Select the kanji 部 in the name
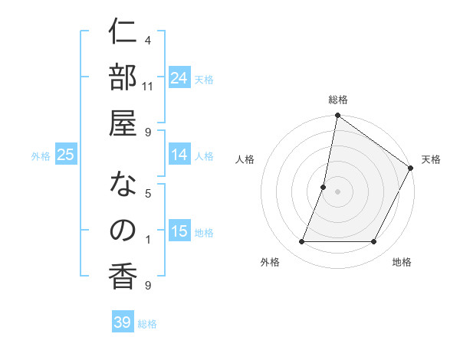[x=123, y=80]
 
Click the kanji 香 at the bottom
[x=123, y=278]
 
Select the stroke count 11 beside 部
[x=148, y=86]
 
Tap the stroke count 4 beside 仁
[x=148, y=40]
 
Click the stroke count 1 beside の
[x=148, y=240]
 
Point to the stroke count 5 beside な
[x=148, y=193]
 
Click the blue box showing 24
[x=179, y=78]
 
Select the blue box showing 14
[x=179, y=155]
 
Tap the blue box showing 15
[x=179, y=231]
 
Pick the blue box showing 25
[x=65, y=155]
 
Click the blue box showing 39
[x=123, y=322]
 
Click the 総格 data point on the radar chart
[x=337, y=116]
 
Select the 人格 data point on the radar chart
[x=324, y=187]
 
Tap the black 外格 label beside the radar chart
[x=270, y=262]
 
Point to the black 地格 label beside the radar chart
[x=402, y=262]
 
